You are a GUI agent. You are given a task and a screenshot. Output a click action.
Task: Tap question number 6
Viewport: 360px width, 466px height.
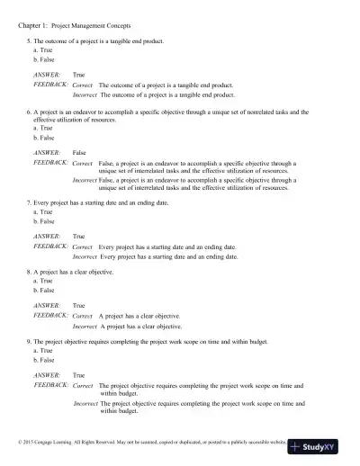(x=30, y=112)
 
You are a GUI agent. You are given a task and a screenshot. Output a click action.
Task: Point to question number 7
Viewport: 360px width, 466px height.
(x=30, y=204)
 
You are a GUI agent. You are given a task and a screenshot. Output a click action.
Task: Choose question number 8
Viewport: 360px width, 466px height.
(x=30, y=272)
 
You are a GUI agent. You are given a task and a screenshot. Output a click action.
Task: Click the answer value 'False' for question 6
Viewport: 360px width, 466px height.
(x=79, y=154)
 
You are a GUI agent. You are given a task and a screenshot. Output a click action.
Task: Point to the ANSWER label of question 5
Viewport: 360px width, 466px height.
(x=47, y=76)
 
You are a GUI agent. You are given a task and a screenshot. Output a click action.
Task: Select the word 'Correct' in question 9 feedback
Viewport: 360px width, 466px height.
(x=83, y=384)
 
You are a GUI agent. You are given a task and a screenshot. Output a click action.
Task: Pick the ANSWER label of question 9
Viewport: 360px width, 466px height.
(x=47, y=374)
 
